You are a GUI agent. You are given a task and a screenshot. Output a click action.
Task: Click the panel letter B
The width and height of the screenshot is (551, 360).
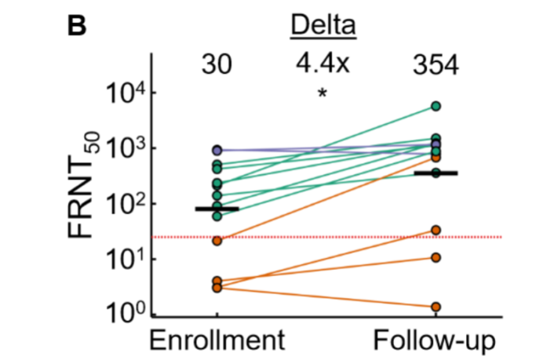(77, 26)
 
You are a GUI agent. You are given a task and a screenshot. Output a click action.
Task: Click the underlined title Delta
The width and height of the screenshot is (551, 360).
(322, 27)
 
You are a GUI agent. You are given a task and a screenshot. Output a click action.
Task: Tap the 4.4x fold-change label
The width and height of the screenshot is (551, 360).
(322, 65)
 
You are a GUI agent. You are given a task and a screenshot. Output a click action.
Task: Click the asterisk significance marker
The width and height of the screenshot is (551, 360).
(322, 94)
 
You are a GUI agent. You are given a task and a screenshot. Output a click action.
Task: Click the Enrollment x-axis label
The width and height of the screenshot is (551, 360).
(217, 342)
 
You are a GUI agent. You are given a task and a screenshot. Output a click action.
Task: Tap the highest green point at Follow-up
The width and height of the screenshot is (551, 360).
(436, 106)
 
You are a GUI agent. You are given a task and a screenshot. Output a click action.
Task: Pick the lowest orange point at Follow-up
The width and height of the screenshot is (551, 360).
(436, 307)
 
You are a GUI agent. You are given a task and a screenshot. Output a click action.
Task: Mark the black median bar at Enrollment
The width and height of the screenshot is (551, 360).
(217, 209)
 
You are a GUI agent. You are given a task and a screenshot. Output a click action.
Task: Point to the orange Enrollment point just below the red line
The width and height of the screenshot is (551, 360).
(217, 241)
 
